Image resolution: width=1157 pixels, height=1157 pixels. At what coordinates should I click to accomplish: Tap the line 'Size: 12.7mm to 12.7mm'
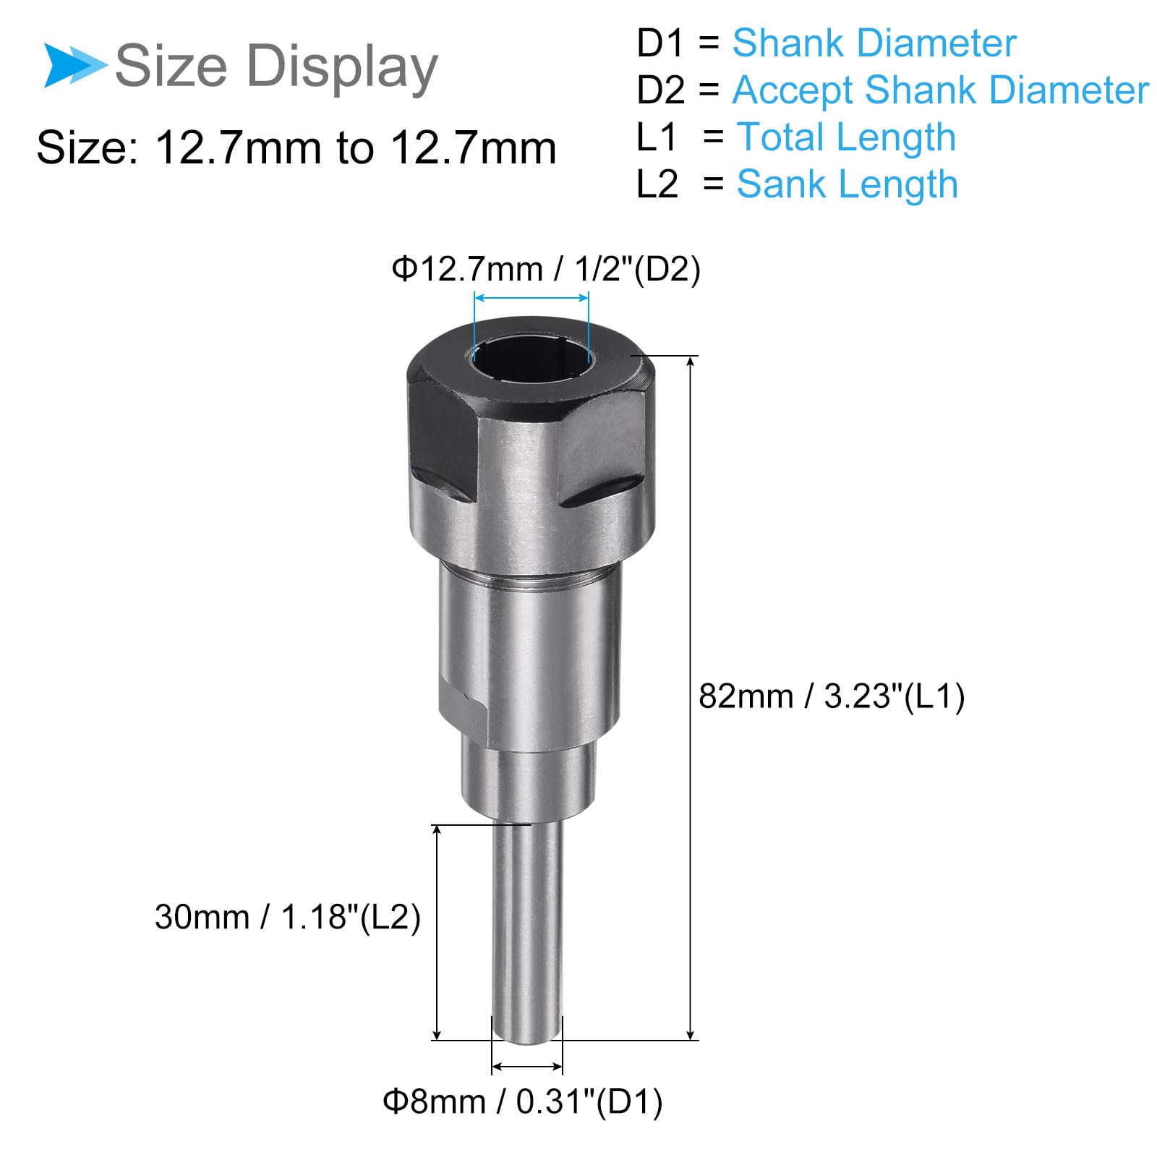tap(296, 148)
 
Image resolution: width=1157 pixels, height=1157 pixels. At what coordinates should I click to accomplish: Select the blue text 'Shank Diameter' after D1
tap(874, 43)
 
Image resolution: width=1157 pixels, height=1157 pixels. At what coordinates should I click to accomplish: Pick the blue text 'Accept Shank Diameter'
tap(941, 90)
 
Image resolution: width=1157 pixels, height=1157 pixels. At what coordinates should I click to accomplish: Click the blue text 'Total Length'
tap(846, 137)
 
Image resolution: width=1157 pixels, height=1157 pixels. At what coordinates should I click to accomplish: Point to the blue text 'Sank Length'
tap(848, 184)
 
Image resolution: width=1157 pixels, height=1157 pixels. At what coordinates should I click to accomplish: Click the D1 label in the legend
tap(659, 43)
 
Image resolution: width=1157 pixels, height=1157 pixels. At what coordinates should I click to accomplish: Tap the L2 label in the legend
tap(657, 184)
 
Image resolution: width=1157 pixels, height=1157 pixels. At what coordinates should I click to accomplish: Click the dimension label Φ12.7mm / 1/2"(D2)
tap(546, 270)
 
